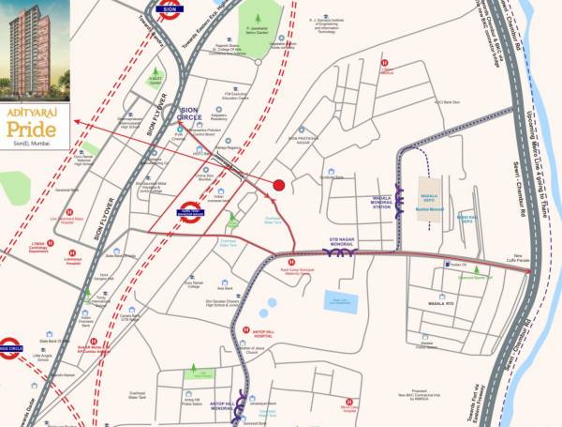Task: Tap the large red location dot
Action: (278, 185)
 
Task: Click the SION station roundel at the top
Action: (170, 10)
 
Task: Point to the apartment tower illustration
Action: (35, 48)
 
